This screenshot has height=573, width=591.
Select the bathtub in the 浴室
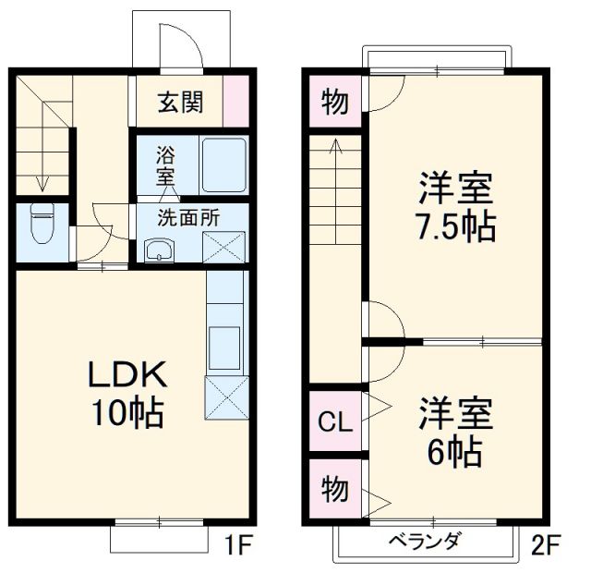click(223, 165)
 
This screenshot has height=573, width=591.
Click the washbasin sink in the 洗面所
click(159, 250)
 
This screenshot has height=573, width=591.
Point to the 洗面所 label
click(187, 219)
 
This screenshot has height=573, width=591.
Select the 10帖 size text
click(127, 414)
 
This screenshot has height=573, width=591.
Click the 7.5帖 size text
click(456, 225)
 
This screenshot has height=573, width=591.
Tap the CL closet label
click(335, 423)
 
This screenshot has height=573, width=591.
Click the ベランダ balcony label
click(424, 542)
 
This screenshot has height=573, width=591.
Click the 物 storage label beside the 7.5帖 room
click(335, 102)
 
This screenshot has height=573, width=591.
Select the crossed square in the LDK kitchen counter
click(224, 398)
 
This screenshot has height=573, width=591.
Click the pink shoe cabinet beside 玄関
click(235, 100)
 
